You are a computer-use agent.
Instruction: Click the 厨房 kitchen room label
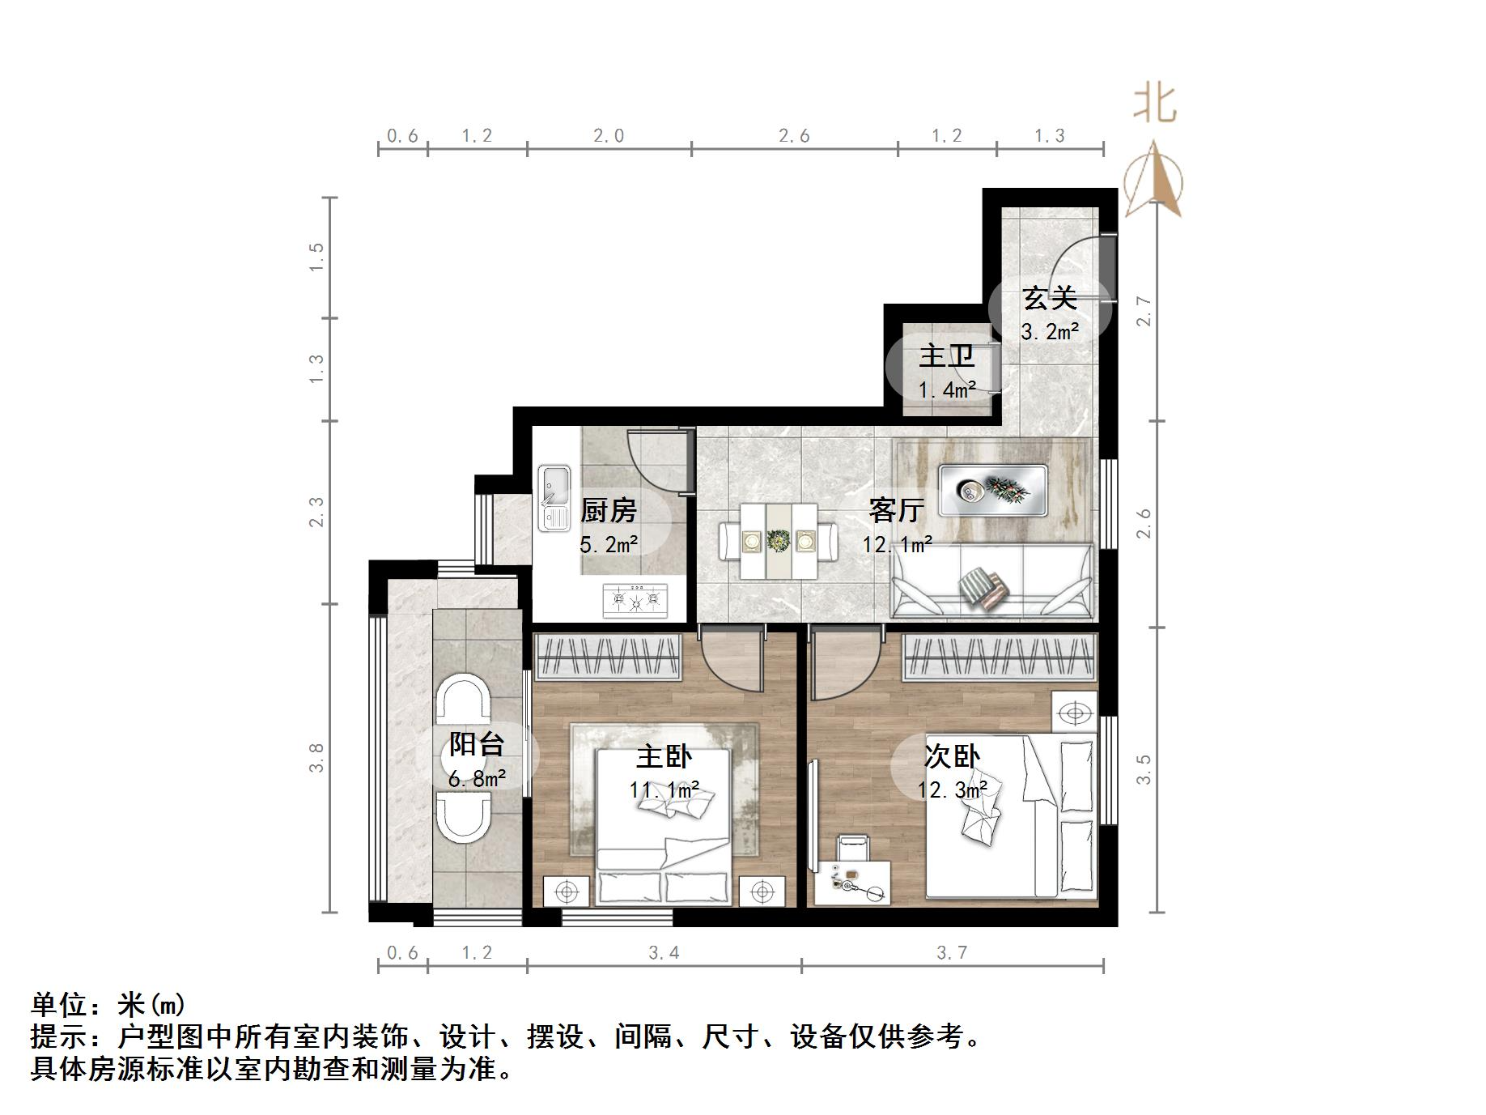(609, 510)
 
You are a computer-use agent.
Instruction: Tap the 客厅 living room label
(896, 510)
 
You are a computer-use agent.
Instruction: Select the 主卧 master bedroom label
(664, 757)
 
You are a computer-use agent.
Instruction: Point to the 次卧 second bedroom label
(952, 756)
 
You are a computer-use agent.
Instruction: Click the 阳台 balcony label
(477, 744)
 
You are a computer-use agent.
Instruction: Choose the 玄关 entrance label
(1050, 298)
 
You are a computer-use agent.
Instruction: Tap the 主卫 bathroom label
(946, 355)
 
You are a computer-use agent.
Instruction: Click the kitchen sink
(554, 498)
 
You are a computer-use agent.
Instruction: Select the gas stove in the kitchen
(636, 600)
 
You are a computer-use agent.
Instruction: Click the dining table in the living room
(779, 541)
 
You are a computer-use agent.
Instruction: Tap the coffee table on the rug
(993, 491)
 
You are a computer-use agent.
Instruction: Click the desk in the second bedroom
(851, 883)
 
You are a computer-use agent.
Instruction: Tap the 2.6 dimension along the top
(794, 136)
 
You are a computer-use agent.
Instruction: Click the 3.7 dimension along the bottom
(952, 953)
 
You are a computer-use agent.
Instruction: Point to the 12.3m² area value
(952, 789)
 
